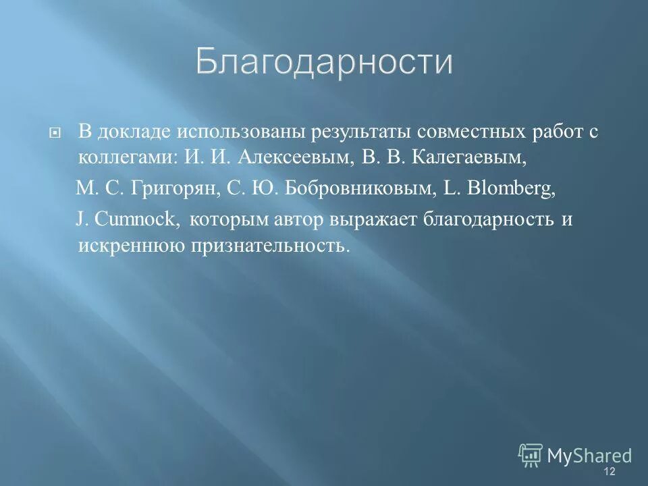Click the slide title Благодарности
tap(324, 63)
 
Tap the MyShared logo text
tap(589, 456)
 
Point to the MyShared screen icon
tap(531, 456)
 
